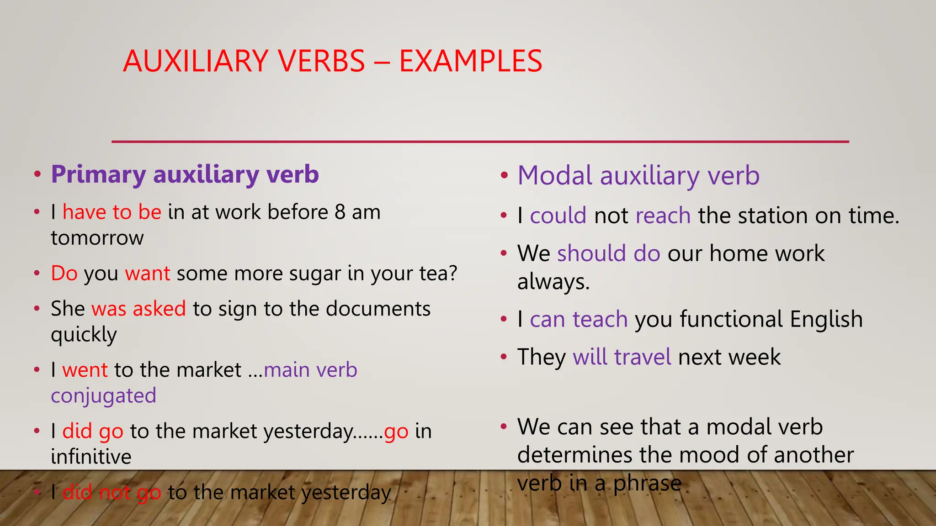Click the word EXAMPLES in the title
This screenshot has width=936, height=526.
470,61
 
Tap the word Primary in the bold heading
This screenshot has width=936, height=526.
98,175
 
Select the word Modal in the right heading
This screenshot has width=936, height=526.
555,175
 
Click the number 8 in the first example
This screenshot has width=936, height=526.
340,212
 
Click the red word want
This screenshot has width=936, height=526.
147,274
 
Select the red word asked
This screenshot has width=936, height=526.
159,309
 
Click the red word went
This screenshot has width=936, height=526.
85,370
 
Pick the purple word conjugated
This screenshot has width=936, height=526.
103,396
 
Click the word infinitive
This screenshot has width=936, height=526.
91,457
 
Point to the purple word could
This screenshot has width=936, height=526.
558,216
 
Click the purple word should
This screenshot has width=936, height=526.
591,253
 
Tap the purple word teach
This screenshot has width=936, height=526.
600,319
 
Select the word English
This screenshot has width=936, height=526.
826,319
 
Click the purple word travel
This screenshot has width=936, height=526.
643,357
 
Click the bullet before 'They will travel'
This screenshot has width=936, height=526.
504,357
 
